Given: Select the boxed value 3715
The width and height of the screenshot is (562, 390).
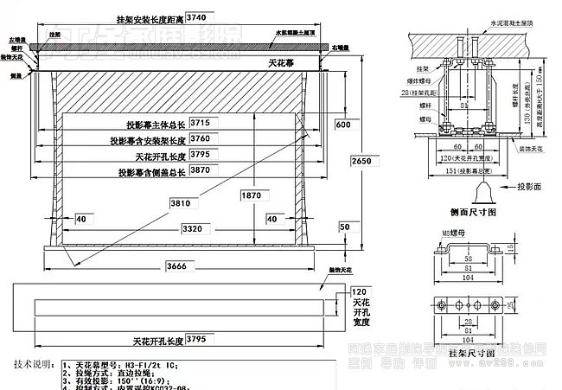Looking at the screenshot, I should click(201, 124).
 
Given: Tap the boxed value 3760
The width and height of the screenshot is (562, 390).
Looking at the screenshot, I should click(201, 139).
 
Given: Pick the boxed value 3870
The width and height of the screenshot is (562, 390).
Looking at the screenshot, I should click(201, 172).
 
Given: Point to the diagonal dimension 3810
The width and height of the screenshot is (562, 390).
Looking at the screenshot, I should click(179, 203).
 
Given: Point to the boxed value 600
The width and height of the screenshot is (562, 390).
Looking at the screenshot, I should click(344, 125).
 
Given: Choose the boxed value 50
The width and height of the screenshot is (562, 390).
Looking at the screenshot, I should click(345, 227).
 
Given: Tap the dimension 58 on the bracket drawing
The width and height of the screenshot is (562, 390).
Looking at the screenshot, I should click(466, 258).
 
